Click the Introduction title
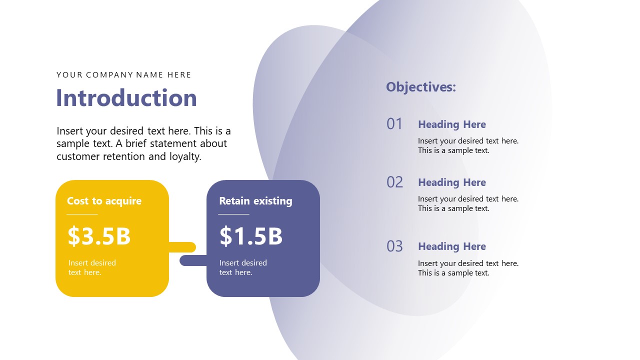(x=126, y=98)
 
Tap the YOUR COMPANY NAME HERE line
(x=124, y=75)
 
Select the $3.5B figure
(x=99, y=236)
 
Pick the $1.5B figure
(x=251, y=236)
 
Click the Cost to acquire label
(x=104, y=201)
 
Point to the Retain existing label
(x=255, y=201)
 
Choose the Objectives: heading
(x=421, y=87)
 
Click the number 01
(x=394, y=124)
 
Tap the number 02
(x=394, y=182)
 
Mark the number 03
(x=394, y=246)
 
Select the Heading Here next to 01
(x=452, y=124)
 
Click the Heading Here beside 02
(x=452, y=182)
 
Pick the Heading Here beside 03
(x=452, y=246)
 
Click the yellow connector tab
(x=183, y=247)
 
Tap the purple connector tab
(x=192, y=260)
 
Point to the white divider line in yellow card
(x=82, y=214)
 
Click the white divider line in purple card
(x=233, y=214)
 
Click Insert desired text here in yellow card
(x=92, y=267)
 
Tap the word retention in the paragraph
(x=125, y=156)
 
